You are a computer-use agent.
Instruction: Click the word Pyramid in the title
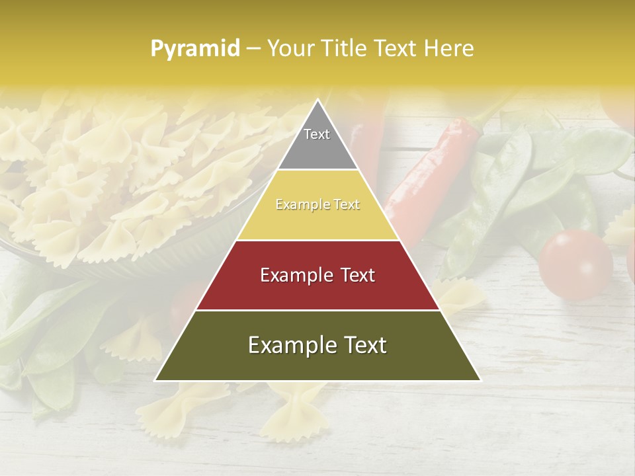[194, 49]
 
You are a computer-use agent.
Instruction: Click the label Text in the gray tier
[317, 134]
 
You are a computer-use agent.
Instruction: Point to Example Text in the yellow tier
[317, 205]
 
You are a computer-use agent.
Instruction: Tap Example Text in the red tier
[317, 275]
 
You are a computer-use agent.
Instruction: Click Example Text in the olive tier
[317, 345]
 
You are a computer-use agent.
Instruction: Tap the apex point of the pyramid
[317, 100]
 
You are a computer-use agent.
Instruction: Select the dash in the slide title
[253, 49]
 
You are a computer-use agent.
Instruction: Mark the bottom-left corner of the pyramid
[155, 381]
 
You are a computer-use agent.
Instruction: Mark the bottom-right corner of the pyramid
[480, 381]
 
